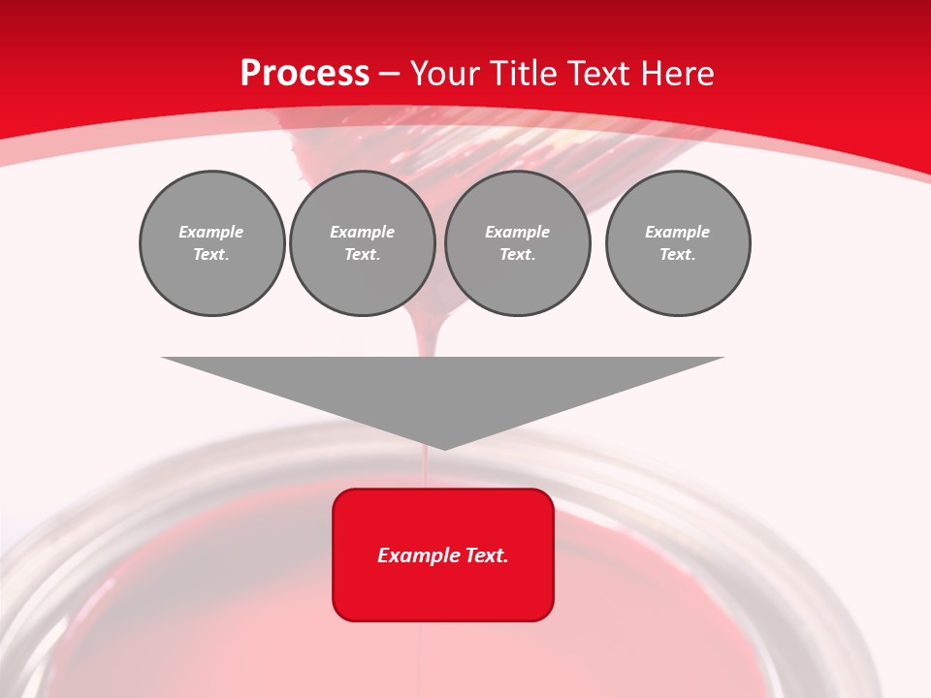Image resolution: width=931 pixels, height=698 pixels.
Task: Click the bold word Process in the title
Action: pos(305,74)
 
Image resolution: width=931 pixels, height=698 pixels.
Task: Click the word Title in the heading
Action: pos(521,74)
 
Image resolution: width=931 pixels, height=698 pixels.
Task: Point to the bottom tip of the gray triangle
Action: pos(444,448)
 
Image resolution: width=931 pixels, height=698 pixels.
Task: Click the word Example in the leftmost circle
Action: pos(211,232)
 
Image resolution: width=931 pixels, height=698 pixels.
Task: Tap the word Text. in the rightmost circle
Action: pos(677,254)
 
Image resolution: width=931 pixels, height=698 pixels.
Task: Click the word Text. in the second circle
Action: pos(362,254)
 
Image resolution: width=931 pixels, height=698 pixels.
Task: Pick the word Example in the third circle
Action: pos(517,232)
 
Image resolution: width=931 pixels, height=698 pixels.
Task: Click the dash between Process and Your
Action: pos(389,74)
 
